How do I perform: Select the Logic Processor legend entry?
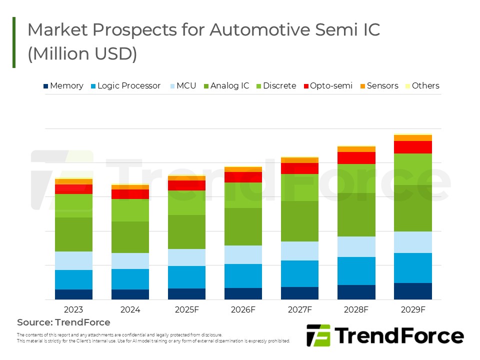click(x=125, y=86)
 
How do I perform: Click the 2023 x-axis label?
click(x=73, y=309)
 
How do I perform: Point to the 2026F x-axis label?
click(x=243, y=309)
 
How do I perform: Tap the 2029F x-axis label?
click(x=412, y=309)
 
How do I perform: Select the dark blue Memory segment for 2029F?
click(x=412, y=291)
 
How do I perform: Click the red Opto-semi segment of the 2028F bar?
click(x=356, y=158)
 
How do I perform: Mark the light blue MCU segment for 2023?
click(x=73, y=260)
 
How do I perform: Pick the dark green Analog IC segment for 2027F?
click(x=299, y=221)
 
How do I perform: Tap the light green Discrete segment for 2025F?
click(x=186, y=202)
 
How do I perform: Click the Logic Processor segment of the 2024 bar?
click(x=130, y=279)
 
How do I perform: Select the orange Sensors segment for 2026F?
click(x=243, y=169)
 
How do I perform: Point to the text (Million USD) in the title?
click(x=82, y=54)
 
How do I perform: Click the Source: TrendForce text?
click(x=63, y=322)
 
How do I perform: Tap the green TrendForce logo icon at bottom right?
click(x=318, y=335)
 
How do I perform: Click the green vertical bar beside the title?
click(x=14, y=42)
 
